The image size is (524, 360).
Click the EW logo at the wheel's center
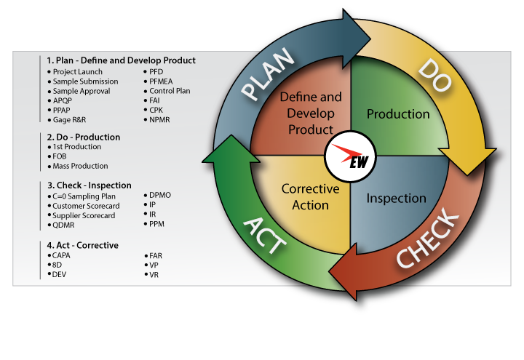[x=351, y=156]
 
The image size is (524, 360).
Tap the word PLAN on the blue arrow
[x=267, y=73]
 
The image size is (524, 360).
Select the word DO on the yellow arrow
[x=434, y=75]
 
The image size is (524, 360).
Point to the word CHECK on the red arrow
[x=428, y=237]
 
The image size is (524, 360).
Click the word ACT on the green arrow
[x=264, y=235]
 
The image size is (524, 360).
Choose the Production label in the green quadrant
[x=398, y=114]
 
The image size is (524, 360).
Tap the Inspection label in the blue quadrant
[x=397, y=199]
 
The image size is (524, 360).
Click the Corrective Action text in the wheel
[x=311, y=197]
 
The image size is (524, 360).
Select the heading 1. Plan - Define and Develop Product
[x=121, y=60]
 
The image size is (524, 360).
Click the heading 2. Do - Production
[x=84, y=137]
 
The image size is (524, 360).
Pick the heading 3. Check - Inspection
[x=90, y=185]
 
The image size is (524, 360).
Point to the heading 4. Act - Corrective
[x=82, y=246]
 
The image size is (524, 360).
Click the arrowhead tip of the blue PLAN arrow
[x=370, y=39]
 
